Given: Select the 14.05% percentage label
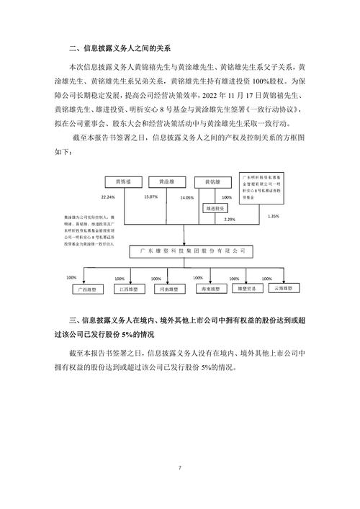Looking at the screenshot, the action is tap(187, 197).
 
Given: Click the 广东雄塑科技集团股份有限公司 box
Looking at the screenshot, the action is tap(187, 251).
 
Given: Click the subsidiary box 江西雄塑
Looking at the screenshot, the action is tap(130, 288).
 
